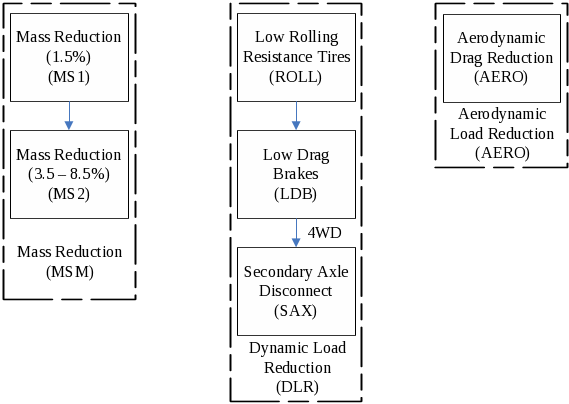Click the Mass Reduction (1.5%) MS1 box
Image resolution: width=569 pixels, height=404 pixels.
tap(69, 57)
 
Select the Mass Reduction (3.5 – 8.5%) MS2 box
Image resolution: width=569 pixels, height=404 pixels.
tap(69, 174)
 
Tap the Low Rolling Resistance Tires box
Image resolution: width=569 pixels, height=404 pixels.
tap(296, 57)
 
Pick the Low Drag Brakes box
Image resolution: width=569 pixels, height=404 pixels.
tap(296, 174)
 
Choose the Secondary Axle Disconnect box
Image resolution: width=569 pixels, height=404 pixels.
tap(296, 291)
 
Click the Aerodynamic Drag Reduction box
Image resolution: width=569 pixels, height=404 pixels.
tap(502, 58)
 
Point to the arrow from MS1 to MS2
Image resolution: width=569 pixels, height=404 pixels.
tap(69, 115)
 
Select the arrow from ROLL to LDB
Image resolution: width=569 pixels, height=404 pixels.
tap(296, 115)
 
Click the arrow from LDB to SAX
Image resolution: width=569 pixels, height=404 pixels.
tap(296, 233)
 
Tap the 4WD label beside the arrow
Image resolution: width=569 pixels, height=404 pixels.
tap(324, 233)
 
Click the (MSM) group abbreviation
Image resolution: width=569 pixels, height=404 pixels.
tap(70, 272)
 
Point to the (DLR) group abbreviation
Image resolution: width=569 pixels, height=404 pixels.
tap(297, 387)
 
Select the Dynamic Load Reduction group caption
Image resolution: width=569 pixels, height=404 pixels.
tap(297, 358)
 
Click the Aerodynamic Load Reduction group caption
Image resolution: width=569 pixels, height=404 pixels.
tap(502, 124)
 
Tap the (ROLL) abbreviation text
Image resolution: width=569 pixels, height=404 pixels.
tap(295, 77)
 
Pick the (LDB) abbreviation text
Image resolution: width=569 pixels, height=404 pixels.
tap(295, 194)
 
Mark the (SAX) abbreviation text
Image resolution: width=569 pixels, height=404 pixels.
tap(295, 311)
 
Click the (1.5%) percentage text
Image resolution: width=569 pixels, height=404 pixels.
tap(69, 57)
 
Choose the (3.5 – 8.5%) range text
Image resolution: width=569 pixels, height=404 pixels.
tap(69, 174)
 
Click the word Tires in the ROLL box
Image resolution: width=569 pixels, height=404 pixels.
tap(334, 57)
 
